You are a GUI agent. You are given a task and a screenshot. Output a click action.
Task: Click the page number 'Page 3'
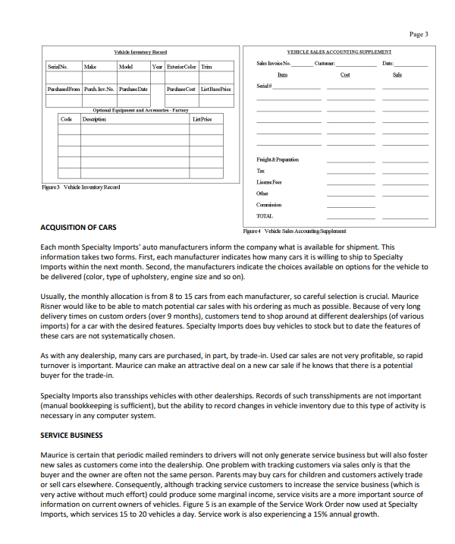point(419,34)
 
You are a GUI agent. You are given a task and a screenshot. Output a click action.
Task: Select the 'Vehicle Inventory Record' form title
point(140,52)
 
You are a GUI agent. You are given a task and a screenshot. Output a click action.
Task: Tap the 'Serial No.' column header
point(58,67)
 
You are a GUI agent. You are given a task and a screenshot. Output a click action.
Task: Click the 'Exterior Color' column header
point(181,67)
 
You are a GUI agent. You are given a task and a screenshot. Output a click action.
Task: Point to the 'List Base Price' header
point(215,90)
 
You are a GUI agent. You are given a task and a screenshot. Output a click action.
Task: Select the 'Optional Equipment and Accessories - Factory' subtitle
point(140,110)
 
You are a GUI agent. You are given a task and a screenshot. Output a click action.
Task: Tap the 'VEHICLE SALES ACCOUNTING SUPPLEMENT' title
point(339,52)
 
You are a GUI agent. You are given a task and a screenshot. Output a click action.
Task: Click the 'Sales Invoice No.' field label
point(273,64)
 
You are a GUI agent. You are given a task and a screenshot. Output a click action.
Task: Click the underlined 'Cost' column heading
point(345,74)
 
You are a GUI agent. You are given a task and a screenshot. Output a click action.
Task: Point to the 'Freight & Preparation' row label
point(278,160)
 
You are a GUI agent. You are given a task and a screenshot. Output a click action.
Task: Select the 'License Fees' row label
point(270,182)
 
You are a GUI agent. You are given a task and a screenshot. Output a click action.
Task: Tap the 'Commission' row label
point(268,204)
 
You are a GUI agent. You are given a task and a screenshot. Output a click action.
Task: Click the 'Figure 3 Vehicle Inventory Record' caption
point(80,187)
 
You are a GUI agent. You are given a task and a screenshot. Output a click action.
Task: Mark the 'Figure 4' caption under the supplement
point(293,231)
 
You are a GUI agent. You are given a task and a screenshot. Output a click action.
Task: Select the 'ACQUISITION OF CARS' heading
point(78,228)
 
